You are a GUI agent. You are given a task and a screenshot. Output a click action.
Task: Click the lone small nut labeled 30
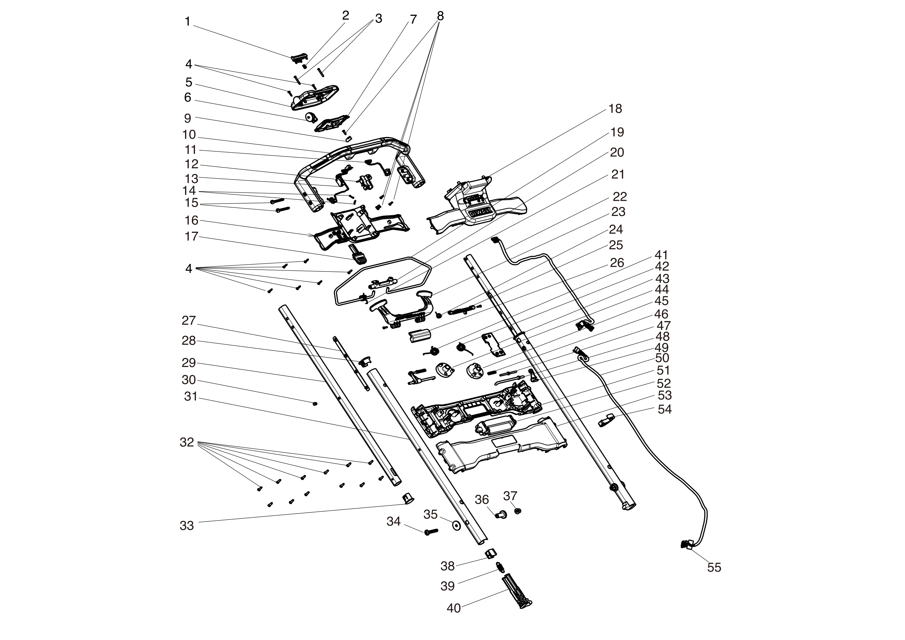pos(314,404)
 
